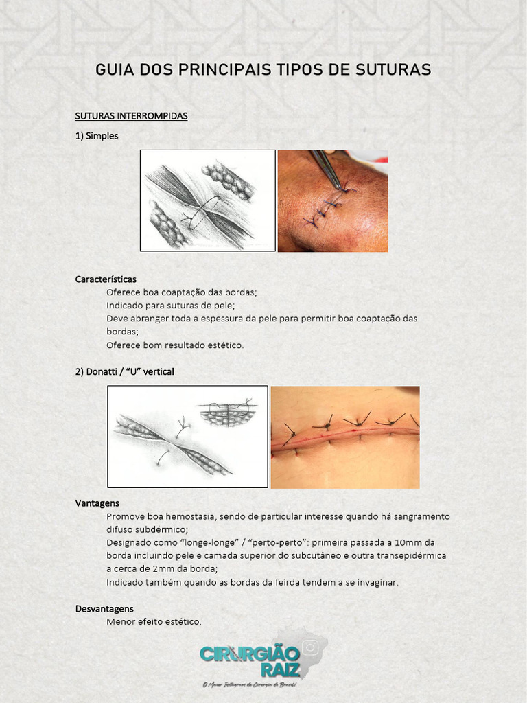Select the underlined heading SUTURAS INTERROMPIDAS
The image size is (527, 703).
pyautogui.click(x=131, y=116)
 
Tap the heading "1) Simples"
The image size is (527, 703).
pyautogui.click(x=97, y=136)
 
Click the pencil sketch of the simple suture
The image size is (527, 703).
pyautogui.click(x=207, y=200)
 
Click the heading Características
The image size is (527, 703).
pyautogui.click(x=106, y=279)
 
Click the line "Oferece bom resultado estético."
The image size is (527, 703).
pyautogui.click(x=175, y=345)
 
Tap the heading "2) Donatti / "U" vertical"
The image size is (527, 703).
pyautogui.click(x=124, y=371)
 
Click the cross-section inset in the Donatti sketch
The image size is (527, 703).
pyautogui.click(x=226, y=413)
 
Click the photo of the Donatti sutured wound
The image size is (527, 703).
pyautogui.click(x=345, y=437)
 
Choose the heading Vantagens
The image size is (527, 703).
pyautogui.click(x=97, y=503)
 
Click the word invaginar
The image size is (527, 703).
pyautogui.click(x=374, y=582)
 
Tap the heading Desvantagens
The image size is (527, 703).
pyautogui.click(x=104, y=609)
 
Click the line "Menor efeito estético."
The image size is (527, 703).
pyautogui.click(x=154, y=622)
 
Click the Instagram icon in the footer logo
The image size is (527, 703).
pyautogui.click(x=310, y=647)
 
